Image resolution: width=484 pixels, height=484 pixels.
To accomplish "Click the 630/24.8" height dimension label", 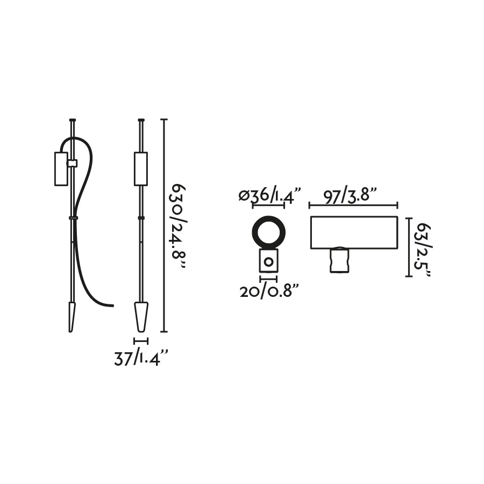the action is [179, 227].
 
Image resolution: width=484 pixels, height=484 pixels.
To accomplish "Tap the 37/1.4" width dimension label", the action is [141, 358].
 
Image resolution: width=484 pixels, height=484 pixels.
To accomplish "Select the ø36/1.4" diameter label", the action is [270, 195].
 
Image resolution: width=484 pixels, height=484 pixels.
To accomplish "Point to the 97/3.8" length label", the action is [350, 195].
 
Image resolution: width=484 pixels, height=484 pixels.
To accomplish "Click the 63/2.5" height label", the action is [423, 250].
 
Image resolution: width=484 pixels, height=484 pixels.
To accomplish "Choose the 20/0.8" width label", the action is [269, 291].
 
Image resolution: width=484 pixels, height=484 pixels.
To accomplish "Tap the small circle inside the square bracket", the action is [268, 262].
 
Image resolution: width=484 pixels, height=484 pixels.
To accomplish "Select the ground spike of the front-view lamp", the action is [141, 317].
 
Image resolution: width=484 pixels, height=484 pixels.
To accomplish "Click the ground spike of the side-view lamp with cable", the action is [72, 317].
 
